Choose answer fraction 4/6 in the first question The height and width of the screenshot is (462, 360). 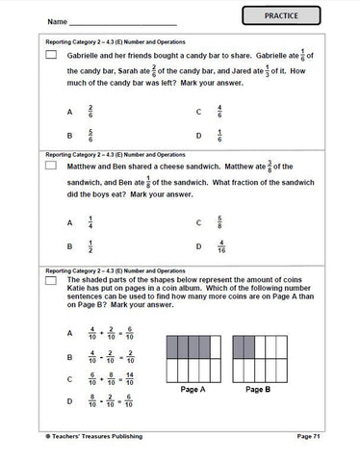click(220, 112)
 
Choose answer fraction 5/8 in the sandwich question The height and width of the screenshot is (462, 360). click(220, 222)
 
